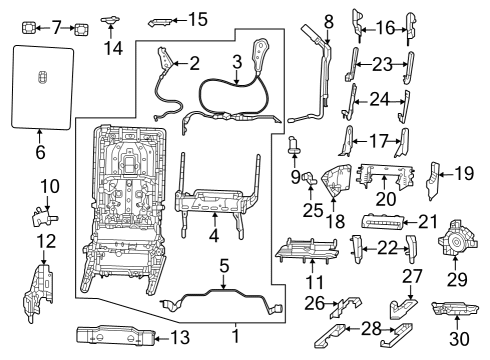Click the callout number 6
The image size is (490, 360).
[x=40, y=153]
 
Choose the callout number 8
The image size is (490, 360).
[x=327, y=20]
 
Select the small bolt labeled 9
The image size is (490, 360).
[x=297, y=147]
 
